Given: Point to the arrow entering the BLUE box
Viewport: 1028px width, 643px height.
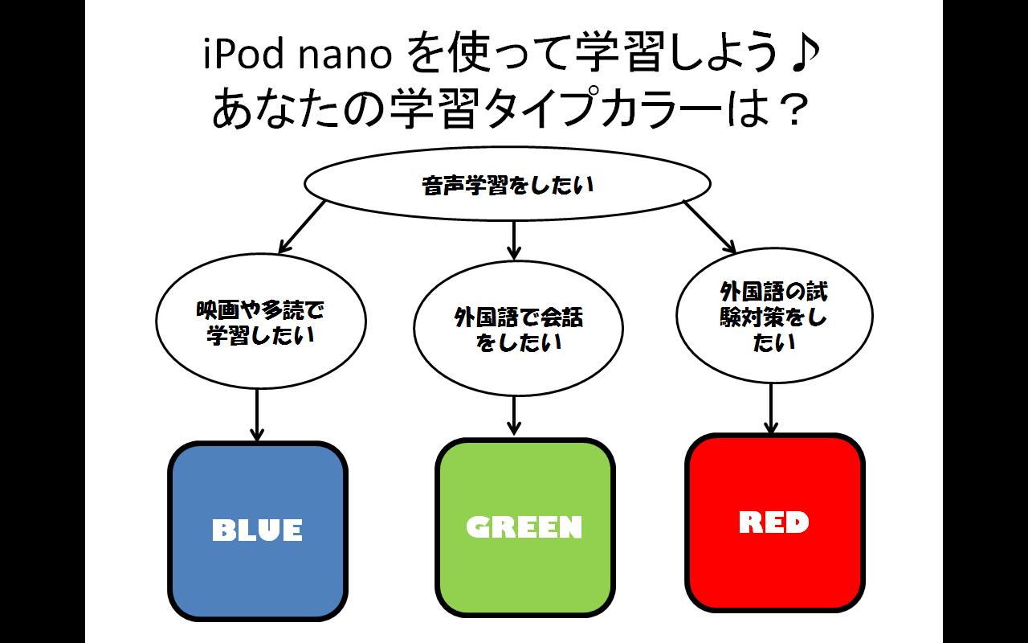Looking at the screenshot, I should coord(257,414).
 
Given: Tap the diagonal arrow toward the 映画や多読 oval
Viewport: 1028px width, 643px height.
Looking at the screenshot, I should coord(300,226).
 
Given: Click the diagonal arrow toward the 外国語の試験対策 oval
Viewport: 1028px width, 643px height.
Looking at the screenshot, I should coord(710,226).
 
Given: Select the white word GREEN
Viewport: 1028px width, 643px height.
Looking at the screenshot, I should coord(524,527).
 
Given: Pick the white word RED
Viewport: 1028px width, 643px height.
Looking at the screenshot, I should coord(773,523).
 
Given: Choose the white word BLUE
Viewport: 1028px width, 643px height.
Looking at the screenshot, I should coord(257,530).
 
